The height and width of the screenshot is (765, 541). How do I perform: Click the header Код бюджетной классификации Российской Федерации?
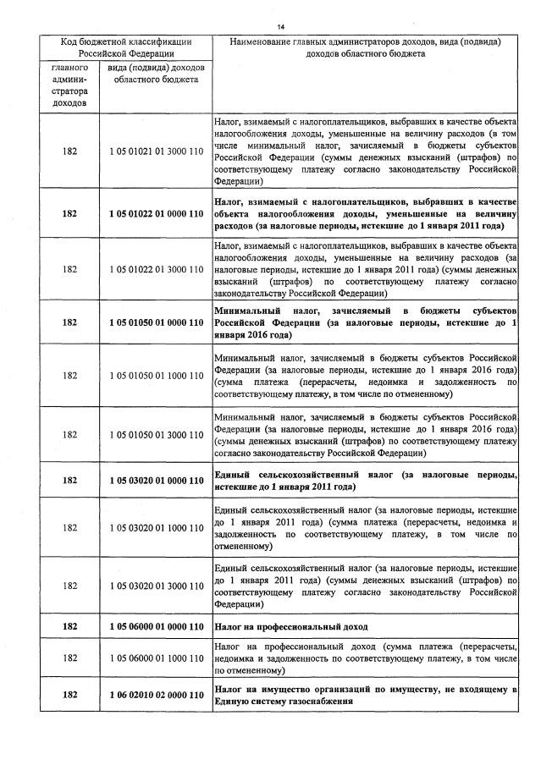point(125,47)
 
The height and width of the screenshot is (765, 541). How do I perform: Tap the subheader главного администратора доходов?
point(69,85)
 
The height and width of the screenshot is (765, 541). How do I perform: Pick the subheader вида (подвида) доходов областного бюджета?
point(156,73)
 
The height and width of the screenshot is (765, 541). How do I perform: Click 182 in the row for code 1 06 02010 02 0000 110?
point(69,695)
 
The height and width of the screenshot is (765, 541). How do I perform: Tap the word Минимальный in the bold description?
point(247,311)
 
